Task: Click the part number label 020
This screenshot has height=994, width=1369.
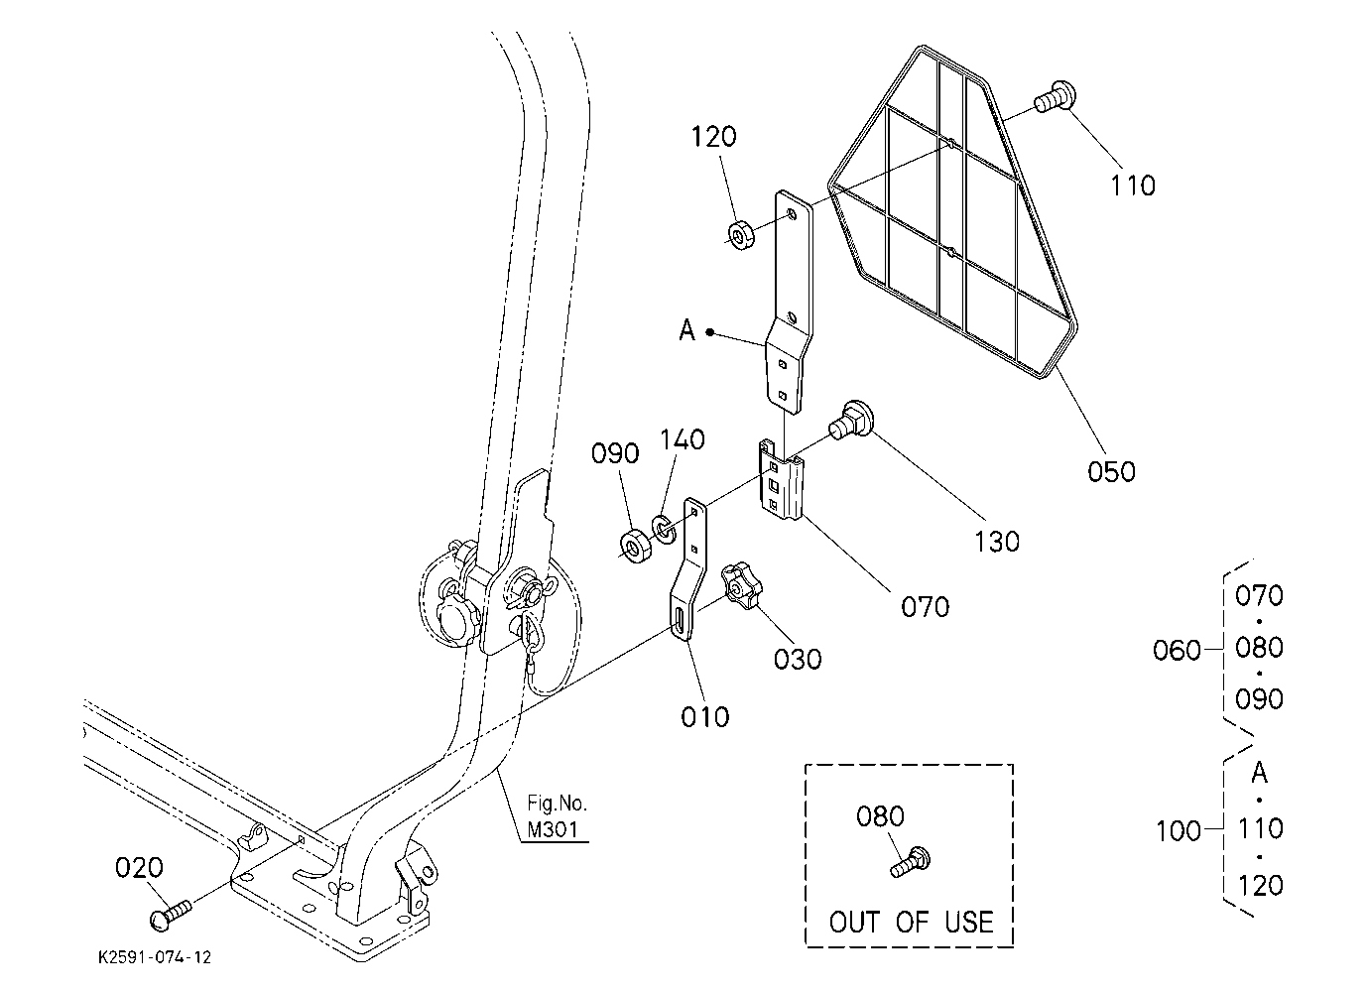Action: (139, 867)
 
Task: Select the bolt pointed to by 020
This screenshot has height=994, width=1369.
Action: (170, 916)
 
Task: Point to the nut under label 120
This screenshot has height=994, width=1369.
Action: (741, 236)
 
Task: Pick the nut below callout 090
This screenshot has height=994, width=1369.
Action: (636, 547)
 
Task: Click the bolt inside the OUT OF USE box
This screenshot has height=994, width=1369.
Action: (911, 862)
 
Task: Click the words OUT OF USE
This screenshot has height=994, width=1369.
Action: (911, 922)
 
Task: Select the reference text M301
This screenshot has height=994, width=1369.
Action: (553, 829)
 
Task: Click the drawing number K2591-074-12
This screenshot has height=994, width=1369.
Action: (155, 957)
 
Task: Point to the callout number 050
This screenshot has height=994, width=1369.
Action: (1111, 471)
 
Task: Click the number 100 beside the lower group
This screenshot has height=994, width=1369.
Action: (1179, 831)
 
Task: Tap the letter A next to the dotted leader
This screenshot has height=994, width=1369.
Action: (687, 330)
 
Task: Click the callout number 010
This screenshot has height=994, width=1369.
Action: (705, 717)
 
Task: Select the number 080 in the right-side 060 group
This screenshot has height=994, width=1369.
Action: (1259, 648)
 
